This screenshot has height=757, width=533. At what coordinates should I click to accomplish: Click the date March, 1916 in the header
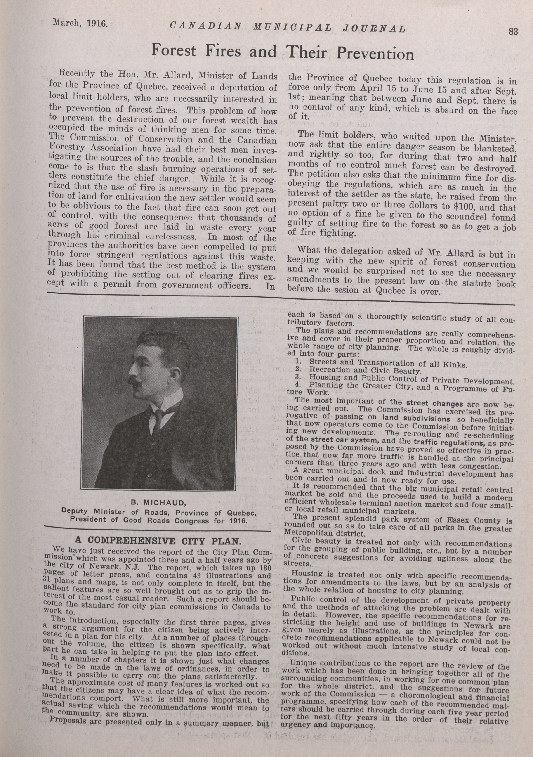(80, 23)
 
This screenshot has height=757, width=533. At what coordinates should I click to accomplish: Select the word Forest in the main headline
(174, 51)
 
